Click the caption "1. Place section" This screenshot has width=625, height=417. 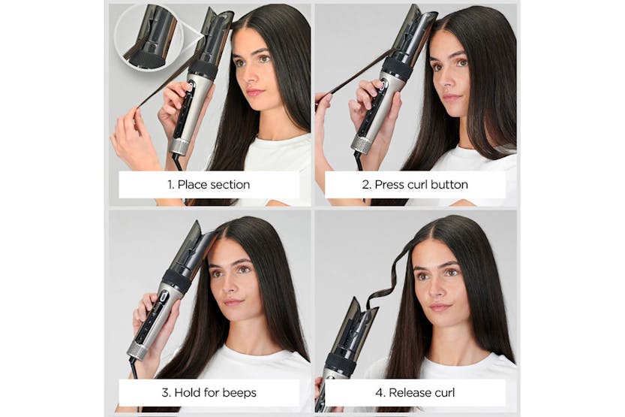pyautogui.click(x=209, y=184)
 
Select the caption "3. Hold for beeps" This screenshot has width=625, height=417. pyautogui.click(x=209, y=391)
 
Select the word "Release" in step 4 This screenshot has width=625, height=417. pyautogui.click(x=412, y=391)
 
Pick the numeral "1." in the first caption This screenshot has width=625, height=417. pyautogui.click(x=172, y=184)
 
